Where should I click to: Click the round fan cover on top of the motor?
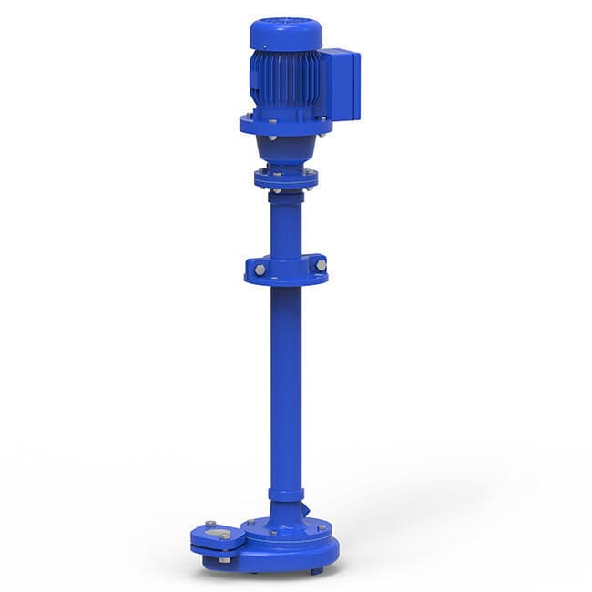click(285, 35)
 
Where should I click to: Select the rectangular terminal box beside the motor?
click(341, 85)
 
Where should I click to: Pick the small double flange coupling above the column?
click(286, 177)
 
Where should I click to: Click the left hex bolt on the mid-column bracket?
click(260, 270)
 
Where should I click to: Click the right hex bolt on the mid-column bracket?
click(321, 265)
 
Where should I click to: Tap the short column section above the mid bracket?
click(286, 223)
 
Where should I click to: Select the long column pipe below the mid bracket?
click(286, 383)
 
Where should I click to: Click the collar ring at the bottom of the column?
click(286, 495)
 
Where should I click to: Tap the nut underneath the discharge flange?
click(224, 559)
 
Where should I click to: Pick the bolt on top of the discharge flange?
click(210, 524)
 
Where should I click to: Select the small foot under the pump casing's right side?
click(315, 570)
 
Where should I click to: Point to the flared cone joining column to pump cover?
click(286, 515)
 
